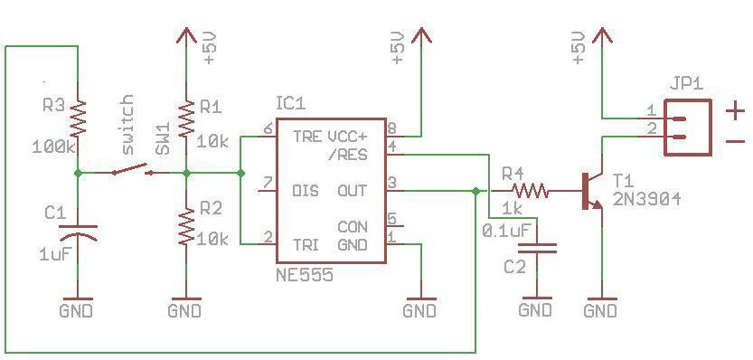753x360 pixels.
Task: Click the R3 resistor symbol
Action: point(78,118)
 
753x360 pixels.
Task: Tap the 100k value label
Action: point(54,147)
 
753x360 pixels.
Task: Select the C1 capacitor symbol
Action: point(78,232)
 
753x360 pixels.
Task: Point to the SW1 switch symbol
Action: point(130,170)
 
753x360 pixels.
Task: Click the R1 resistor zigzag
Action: point(186,118)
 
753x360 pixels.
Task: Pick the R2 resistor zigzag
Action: point(186,226)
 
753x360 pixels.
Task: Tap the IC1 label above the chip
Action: point(290,104)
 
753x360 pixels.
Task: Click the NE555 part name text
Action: point(305,275)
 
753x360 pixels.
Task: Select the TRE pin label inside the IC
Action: point(307,137)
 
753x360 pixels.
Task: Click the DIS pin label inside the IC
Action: point(306,191)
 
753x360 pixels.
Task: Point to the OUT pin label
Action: point(352,191)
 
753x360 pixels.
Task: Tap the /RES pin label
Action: point(350,155)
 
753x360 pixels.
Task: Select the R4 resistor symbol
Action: point(530,191)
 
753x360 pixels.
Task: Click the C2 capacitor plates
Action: point(537,248)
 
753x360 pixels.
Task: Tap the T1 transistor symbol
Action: point(591,191)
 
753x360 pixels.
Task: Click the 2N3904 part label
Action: point(646,200)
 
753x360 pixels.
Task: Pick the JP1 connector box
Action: point(687,128)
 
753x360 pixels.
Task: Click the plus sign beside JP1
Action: point(735,112)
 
